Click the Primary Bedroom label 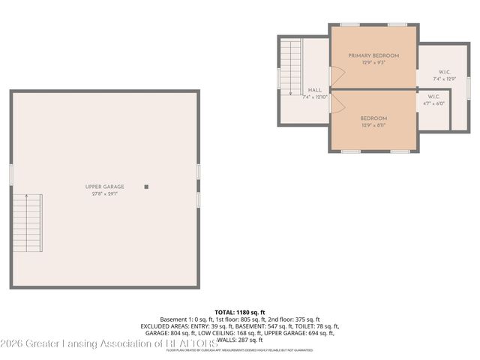(373, 55)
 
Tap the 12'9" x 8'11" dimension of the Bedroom (373, 125)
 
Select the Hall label (315, 91)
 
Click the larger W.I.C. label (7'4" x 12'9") (443, 73)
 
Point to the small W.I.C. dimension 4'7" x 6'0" (433, 103)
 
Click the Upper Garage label (104, 186)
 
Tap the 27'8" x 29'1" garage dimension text (104, 193)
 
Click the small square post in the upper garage (146, 187)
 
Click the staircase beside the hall (289, 67)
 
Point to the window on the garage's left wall (11, 174)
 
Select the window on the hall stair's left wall (279, 78)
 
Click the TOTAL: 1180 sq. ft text (240, 312)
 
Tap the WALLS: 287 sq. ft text (240, 340)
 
